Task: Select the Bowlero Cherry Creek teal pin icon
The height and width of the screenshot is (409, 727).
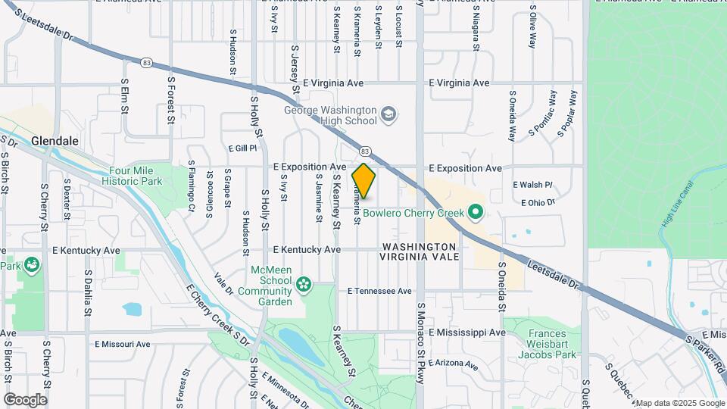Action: [475, 213]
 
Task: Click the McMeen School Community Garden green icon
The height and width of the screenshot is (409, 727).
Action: [304, 284]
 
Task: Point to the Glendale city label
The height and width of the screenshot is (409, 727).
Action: [55, 141]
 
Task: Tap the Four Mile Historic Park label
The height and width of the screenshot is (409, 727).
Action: [136, 176]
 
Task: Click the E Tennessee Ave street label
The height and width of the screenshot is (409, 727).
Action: [379, 291]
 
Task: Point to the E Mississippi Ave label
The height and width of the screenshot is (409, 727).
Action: [466, 333]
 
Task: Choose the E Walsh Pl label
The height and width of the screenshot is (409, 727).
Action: [533, 185]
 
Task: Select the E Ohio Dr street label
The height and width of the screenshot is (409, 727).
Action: [538, 202]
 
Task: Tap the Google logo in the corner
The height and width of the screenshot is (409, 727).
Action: [25, 400]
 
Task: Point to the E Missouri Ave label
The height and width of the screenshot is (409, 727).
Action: [123, 344]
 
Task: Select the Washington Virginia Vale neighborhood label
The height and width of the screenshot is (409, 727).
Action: [420, 251]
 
